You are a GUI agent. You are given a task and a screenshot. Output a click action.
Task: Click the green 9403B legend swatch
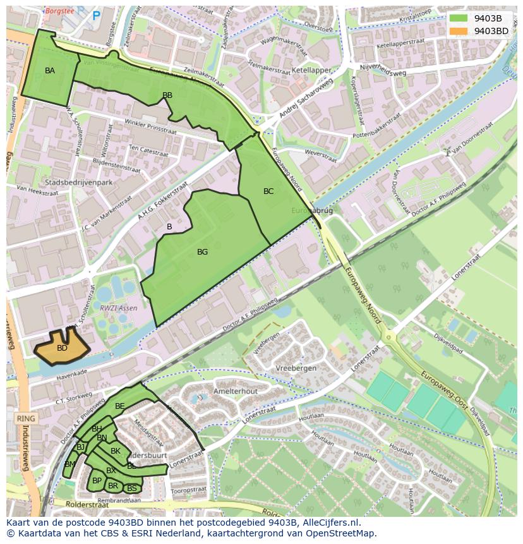click(459, 18)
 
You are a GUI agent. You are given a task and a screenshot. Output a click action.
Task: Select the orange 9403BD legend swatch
click(459, 31)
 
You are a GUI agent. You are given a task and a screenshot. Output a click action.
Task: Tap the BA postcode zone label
click(50, 71)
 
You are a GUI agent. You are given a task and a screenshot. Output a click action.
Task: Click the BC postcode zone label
click(268, 191)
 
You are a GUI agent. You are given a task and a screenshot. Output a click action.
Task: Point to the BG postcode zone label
click(202, 252)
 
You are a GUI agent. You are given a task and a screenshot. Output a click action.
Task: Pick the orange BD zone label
click(62, 348)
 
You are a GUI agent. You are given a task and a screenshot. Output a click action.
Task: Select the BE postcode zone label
click(119, 406)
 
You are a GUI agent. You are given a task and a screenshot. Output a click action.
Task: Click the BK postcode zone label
click(116, 451)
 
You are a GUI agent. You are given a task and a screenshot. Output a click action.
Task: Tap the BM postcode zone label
click(70, 464)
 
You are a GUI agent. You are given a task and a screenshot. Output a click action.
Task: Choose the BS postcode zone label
click(132, 488)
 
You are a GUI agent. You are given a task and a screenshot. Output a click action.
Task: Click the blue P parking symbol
click(96, 16)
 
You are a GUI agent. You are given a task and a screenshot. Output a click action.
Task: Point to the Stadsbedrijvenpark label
click(75, 183)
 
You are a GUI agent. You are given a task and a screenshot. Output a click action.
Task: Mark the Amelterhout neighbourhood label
click(236, 391)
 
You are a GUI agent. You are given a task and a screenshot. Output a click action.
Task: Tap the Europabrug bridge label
click(312, 210)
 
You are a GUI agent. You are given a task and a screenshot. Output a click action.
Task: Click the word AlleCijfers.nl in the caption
click(328, 523)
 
